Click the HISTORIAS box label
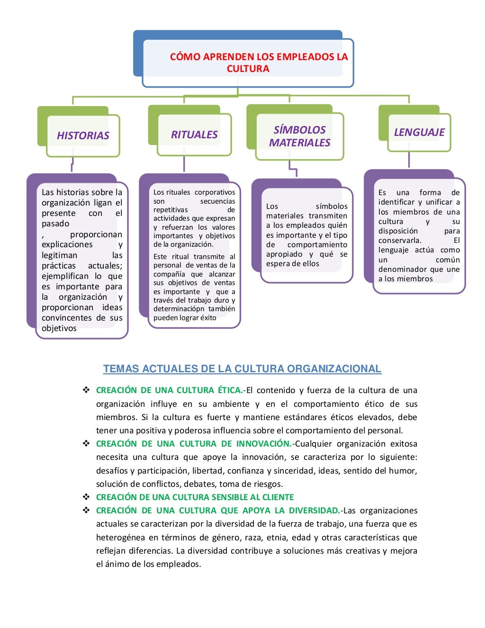(83, 135)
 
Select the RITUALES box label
(194, 135)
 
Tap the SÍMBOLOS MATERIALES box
(299, 136)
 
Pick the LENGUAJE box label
(419, 132)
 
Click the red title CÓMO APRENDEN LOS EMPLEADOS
(259, 57)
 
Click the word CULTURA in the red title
(248, 69)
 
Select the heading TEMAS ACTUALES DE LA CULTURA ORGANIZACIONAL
(242, 369)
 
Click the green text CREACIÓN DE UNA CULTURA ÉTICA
(170, 390)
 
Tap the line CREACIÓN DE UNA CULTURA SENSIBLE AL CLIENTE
(195, 497)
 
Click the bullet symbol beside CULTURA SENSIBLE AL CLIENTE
(86, 497)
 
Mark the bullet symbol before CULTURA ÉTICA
(86, 390)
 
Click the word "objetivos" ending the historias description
(59, 328)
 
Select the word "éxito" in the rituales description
(208, 318)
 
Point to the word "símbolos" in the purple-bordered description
(331, 206)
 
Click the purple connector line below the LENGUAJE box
(409, 160)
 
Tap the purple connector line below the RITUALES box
(184, 164)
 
